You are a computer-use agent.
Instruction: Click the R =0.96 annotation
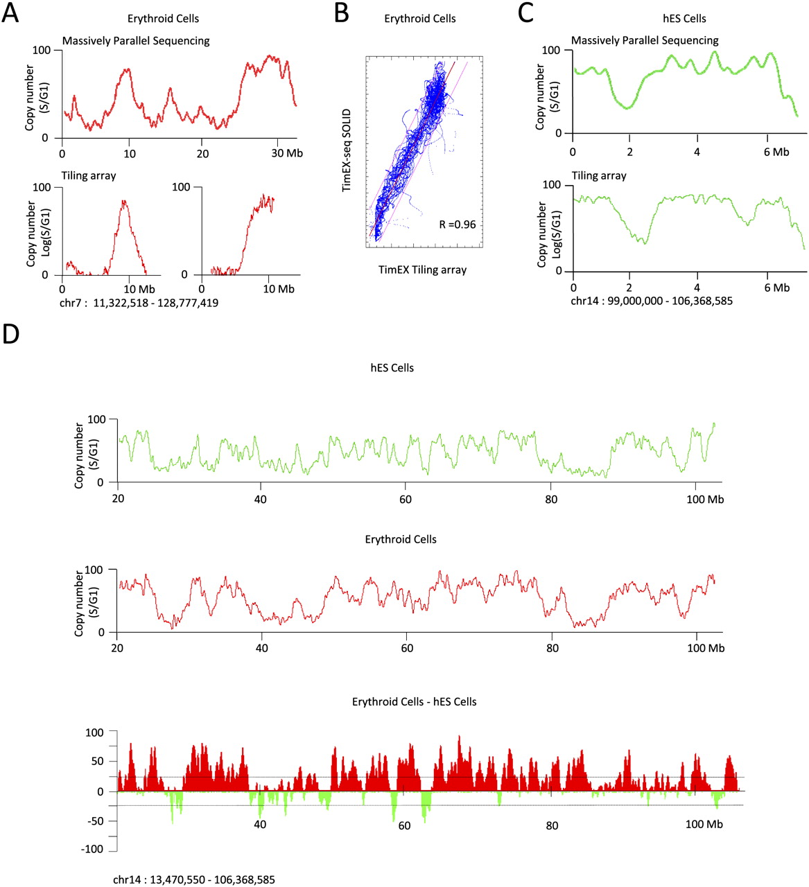pos(457,225)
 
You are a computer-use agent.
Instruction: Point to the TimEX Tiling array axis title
pos(422,270)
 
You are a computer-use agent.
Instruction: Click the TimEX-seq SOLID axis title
pos(347,150)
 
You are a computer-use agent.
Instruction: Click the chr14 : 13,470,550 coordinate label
pos(194,880)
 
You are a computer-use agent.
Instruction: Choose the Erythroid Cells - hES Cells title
pos(414,702)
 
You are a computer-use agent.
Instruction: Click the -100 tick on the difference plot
pos(92,850)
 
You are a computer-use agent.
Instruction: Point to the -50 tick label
pos(95,820)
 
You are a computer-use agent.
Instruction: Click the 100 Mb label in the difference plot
pos(704,825)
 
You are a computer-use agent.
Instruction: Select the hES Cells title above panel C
pos(684,19)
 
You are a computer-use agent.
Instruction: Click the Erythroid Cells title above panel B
pos(419,19)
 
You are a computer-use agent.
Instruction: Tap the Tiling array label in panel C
pos(598,176)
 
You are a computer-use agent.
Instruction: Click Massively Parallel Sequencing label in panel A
pos(136,41)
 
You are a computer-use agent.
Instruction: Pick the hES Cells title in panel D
pos(392,368)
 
